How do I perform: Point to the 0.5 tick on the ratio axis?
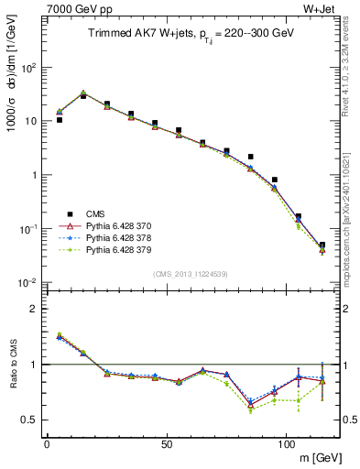pos(31,420)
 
